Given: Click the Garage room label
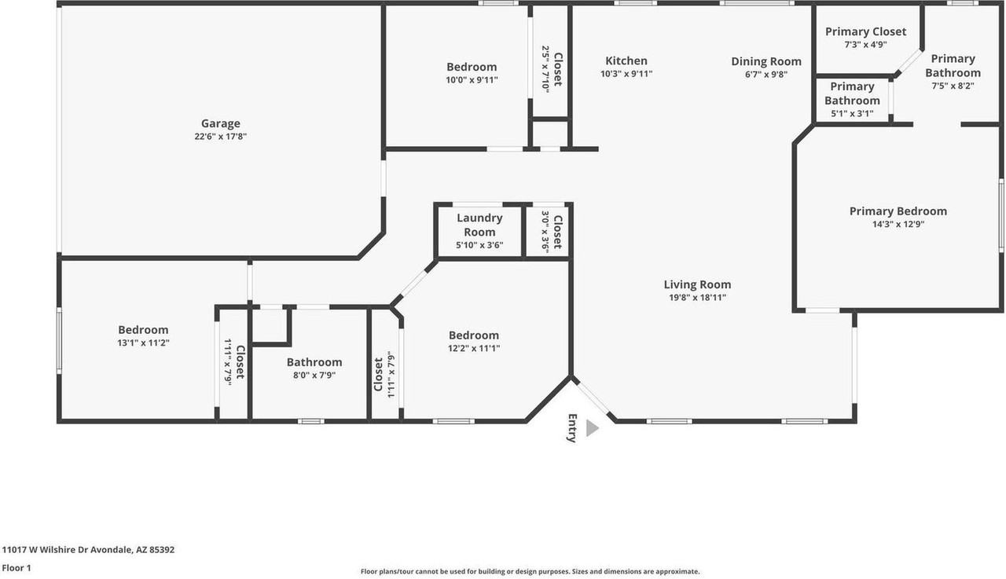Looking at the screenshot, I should click(220, 123).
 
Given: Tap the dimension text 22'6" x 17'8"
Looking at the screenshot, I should click(220, 136).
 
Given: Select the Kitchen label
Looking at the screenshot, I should click(626, 61).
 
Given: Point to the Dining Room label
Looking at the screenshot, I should click(766, 61).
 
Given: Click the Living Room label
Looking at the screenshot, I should click(697, 285).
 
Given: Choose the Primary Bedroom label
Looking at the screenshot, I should click(898, 211).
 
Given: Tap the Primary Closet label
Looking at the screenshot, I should click(865, 32).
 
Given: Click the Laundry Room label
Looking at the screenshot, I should click(479, 225).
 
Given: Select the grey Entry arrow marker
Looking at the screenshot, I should click(592, 427).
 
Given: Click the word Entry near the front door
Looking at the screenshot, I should click(572, 428).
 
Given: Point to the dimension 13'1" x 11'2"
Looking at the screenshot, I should click(143, 343).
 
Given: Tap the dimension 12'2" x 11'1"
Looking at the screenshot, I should click(474, 348).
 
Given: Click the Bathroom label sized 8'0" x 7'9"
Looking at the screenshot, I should click(314, 362).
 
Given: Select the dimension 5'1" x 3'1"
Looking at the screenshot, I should click(852, 114).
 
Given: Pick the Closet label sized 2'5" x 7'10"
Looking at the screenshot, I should click(558, 70).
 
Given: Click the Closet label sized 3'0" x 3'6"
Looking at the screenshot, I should click(557, 233).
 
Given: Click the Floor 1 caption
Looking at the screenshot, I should click(16, 567).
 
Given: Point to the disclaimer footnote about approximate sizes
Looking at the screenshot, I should click(530, 572).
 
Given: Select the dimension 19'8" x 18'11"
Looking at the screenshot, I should click(697, 298).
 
